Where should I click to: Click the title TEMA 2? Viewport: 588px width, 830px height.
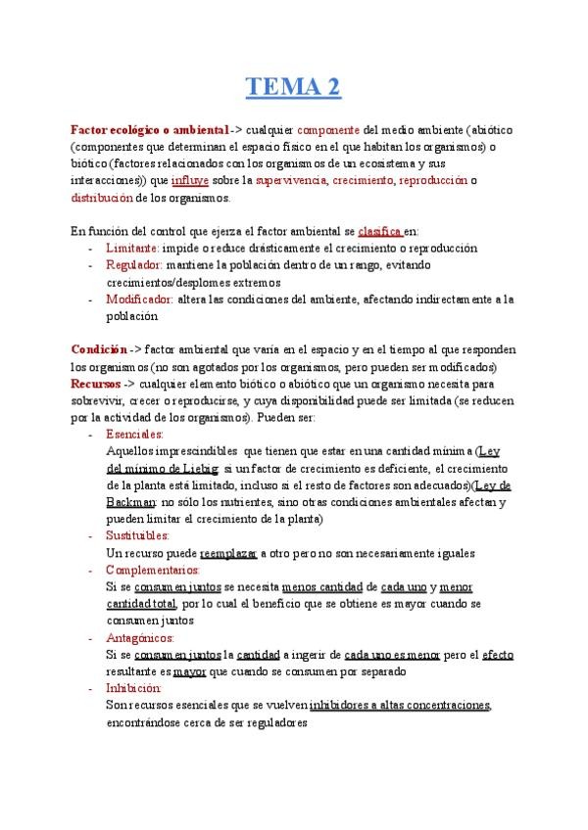click(293, 89)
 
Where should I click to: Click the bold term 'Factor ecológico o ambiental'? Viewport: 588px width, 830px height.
click(150, 130)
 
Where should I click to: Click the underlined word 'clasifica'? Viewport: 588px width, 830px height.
click(380, 231)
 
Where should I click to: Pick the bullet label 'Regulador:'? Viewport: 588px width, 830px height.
click(135, 265)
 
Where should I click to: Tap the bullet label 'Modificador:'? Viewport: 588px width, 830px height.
click(140, 299)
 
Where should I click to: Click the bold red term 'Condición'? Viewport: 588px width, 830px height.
click(99, 349)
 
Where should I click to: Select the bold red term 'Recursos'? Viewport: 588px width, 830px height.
click(95, 383)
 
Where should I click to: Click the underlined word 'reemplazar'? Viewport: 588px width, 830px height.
click(228, 552)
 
